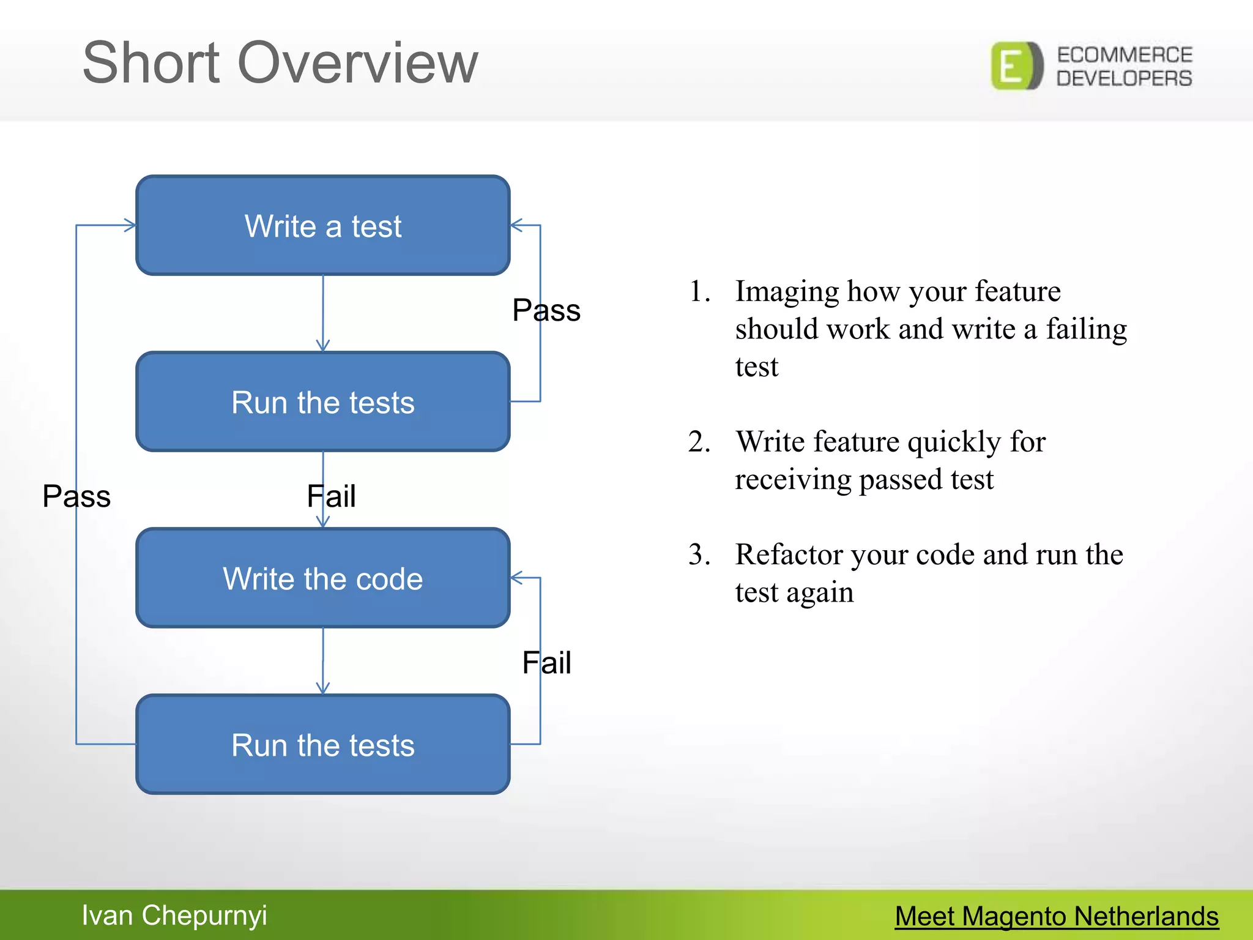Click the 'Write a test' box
pyautogui.click(x=323, y=225)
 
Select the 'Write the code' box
pyautogui.click(x=323, y=578)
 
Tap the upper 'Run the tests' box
pyautogui.click(x=323, y=401)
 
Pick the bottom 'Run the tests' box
pyautogui.click(x=323, y=744)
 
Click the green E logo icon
pyautogui.click(x=1016, y=66)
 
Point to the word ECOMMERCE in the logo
pyautogui.click(x=1125, y=55)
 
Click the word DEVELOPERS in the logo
pyautogui.click(x=1125, y=78)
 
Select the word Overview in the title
pyautogui.click(x=357, y=62)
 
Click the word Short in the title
pyautogui.click(x=151, y=62)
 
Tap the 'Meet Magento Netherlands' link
pyautogui.click(x=1057, y=916)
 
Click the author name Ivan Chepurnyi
pyautogui.click(x=174, y=916)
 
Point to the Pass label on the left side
pyautogui.click(x=76, y=496)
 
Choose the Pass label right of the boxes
pyautogui.click(x=546, y=310)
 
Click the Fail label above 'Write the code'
pyautogui.click(x=332, y=496)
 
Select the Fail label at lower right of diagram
pyautogui.click(x=546, y=663)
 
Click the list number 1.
pyautogui.click(x=699, y=291)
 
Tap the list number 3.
pyautogui.click(x=699, y=554)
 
